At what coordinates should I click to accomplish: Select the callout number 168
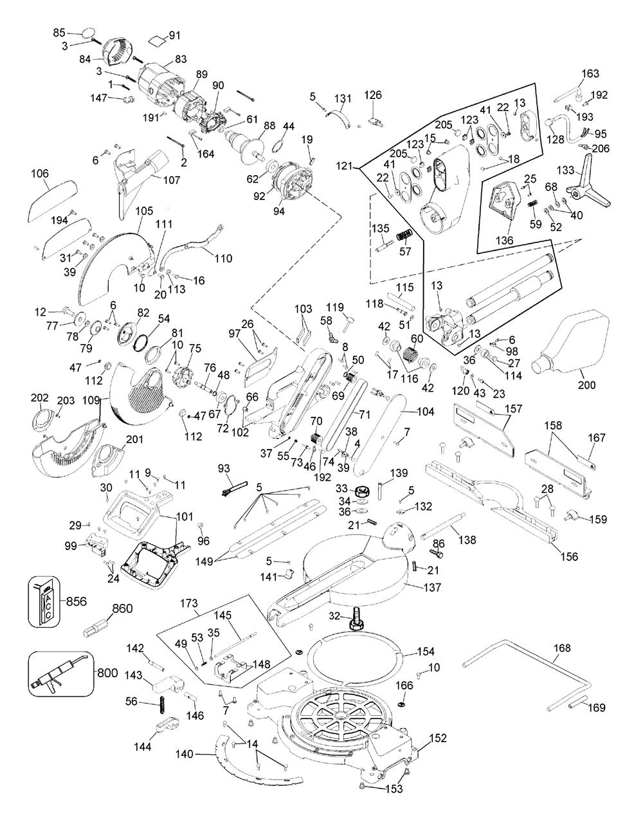[561, 648]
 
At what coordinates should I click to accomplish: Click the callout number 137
[433, 587]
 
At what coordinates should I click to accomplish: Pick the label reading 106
[40, 173]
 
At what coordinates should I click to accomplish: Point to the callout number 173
[188, 604]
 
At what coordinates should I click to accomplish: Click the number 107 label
[171, 180]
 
